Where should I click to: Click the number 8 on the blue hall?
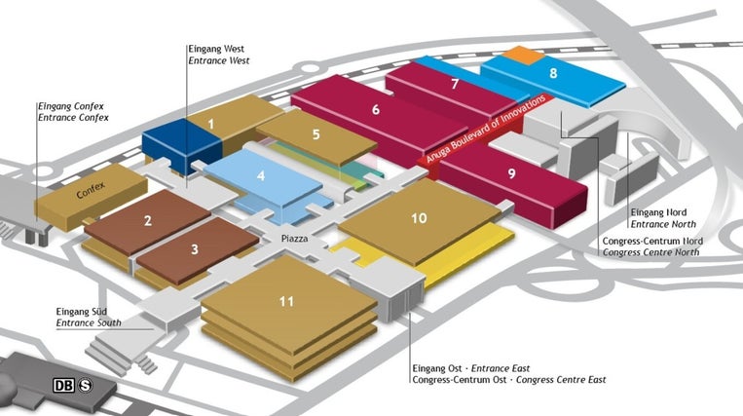(553, 73)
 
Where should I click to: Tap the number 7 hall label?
(455, 84)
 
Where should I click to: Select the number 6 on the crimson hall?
(376, 109)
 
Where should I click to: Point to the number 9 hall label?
(511, 173)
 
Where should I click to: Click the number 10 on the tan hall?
(419, 218)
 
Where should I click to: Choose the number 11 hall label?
(286, 301)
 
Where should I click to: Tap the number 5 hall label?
(316, 134)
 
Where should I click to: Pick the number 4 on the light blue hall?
(261, 175)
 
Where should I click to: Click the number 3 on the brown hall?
(195, 249)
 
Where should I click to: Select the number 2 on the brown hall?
(148, 220)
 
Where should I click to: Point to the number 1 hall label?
(211, 124)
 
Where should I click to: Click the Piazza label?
(294, 239)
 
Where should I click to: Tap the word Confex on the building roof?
(91, 190)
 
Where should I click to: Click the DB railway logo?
(64, 385)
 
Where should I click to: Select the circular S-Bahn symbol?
(86, 385)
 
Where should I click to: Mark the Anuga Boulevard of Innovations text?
(486, 129)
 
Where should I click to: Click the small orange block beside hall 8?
(523, 55)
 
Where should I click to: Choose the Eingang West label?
(216, 49)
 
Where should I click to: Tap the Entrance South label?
(89, 323)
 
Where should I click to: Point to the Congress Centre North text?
(651, 252)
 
